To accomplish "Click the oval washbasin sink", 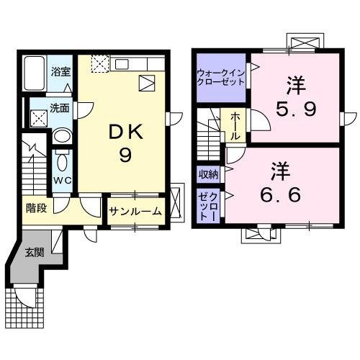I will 63,136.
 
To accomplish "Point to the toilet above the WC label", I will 62,160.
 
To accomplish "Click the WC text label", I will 62,182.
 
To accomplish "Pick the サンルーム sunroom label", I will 135,212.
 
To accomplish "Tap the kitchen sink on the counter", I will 146,83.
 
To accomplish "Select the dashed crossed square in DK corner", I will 99,64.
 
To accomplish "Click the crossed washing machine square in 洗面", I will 37,116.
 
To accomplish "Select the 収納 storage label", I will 209,174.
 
